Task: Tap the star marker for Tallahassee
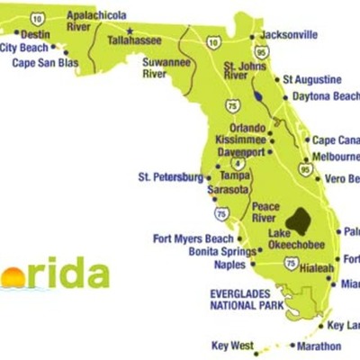[128, 31]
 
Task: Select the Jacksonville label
[288, 35]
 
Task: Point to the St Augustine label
[311, 80]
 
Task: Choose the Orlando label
[247, 127]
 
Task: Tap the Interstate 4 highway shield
[237, 164]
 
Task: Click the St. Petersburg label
[170, 177]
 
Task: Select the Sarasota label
[228, 191]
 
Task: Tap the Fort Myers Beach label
[193, 238]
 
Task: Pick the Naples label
[229, 265]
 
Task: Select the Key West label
[233, 345]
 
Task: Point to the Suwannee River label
[166, 68]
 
